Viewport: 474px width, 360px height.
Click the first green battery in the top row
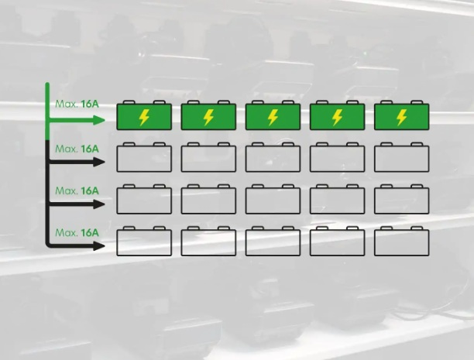[143, 117]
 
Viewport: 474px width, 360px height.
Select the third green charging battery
[273, 117]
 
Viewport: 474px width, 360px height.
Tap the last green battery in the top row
[401, 117]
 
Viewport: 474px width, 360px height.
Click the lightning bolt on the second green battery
[208, 118]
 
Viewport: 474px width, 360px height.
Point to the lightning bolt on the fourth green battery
[337, 118]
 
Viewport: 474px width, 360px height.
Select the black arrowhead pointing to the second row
[98, 162]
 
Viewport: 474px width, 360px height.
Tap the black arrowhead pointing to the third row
[98, 204]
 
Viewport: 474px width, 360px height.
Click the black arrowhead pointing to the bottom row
[98, 246]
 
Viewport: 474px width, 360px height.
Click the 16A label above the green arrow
[89, 103]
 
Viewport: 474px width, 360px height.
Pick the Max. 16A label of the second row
[77, 148]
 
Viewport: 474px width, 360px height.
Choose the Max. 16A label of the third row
[77, 190]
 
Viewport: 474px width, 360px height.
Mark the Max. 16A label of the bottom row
[77, 232]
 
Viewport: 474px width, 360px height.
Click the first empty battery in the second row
[143, 158]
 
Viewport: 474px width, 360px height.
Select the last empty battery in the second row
[401, 158]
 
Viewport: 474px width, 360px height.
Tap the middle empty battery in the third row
[273, 201]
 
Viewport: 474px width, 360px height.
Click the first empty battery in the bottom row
[143, 242]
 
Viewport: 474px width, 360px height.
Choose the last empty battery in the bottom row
[401, 242]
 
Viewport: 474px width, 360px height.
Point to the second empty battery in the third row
[208, 201]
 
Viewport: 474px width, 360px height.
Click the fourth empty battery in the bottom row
[337, 242]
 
